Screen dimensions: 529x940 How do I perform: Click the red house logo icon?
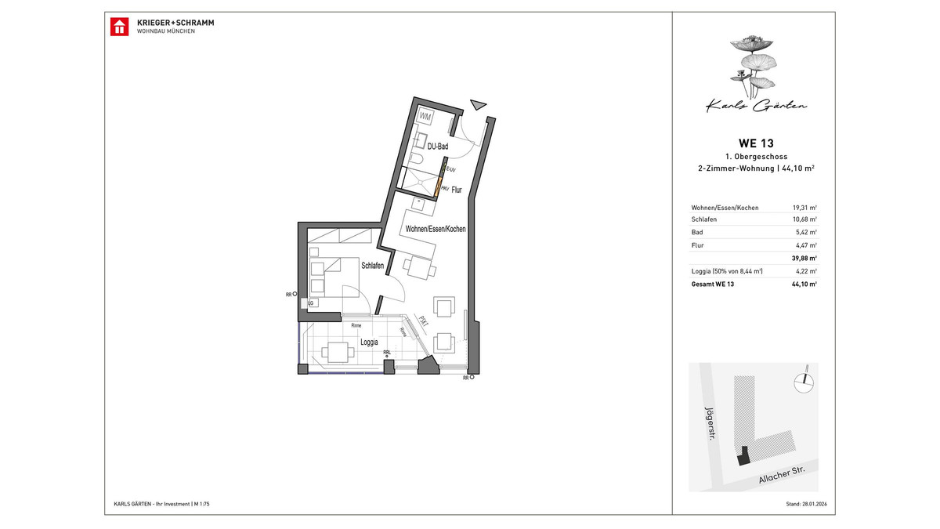pos(119,26)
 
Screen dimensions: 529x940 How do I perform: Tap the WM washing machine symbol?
pos(425,117)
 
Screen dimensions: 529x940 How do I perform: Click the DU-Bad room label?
pos(436,147)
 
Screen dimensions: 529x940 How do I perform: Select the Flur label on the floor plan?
pos(457,189)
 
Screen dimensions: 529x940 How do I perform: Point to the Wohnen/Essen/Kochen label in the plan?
pos(435,229)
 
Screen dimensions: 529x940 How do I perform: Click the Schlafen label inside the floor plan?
pos(372,266)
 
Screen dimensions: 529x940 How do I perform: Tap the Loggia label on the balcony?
pos(369,342)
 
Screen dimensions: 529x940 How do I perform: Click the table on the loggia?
pos(338,353)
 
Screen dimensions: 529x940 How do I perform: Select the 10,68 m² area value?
pos(804,219)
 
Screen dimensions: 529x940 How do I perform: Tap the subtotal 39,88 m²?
pos(804,258)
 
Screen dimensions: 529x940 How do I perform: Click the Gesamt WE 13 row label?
pos(712,284)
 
